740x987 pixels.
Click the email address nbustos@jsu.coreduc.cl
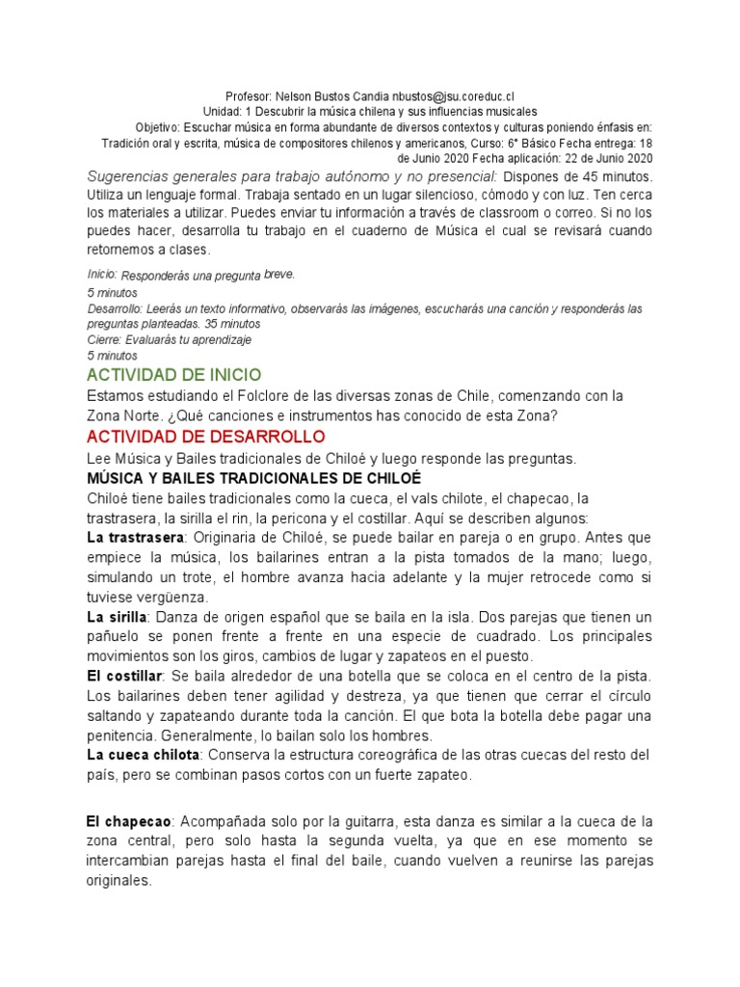[451, 96]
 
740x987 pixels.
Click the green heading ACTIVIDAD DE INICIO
[173, 374]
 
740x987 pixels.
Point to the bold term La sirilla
[117, 616]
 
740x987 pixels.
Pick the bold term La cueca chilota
[145, 753]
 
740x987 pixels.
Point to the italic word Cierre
[103, 340]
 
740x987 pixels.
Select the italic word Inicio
[101, 275]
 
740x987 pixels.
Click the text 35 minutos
[232, 325]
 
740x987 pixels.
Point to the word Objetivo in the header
[158, 127]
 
